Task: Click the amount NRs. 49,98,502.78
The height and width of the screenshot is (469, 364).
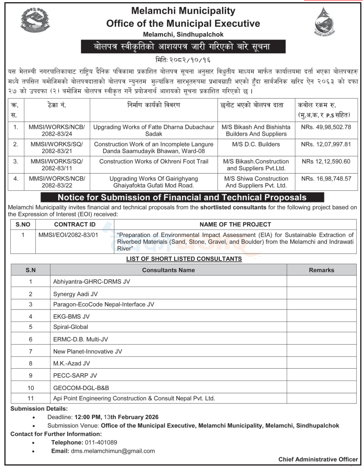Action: (326, 127)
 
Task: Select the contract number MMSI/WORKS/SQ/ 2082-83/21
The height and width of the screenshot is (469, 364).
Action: (57, 148)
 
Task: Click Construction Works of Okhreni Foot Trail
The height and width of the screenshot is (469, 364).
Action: (154, 162)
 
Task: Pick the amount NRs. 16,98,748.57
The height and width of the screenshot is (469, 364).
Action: (326, 178)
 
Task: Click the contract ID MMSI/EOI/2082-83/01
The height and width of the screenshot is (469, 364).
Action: (74, 235)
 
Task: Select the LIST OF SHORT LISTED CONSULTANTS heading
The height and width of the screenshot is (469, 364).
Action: (184, 259)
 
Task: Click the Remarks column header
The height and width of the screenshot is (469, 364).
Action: (321, 270)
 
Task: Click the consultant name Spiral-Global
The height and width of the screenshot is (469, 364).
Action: (71, 327)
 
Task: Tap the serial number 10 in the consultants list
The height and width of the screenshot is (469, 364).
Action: (31, 388)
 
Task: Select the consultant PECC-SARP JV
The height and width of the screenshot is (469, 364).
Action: (75, 375)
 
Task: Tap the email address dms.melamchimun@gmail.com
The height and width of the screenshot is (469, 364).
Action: (112, 451)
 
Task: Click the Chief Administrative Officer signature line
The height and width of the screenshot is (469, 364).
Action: (318, 460)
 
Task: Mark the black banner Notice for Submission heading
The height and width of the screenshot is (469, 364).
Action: (182, 198)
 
